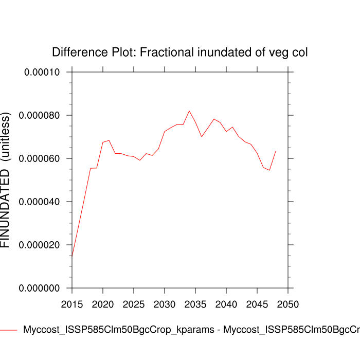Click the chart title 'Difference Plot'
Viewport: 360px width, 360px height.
[180, 52]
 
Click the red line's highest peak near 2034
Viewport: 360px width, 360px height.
[189, 111]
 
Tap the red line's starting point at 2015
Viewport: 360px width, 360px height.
[72, 256]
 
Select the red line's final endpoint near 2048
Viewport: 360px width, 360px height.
[276, 151]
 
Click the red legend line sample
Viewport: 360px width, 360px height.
[8, 330]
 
